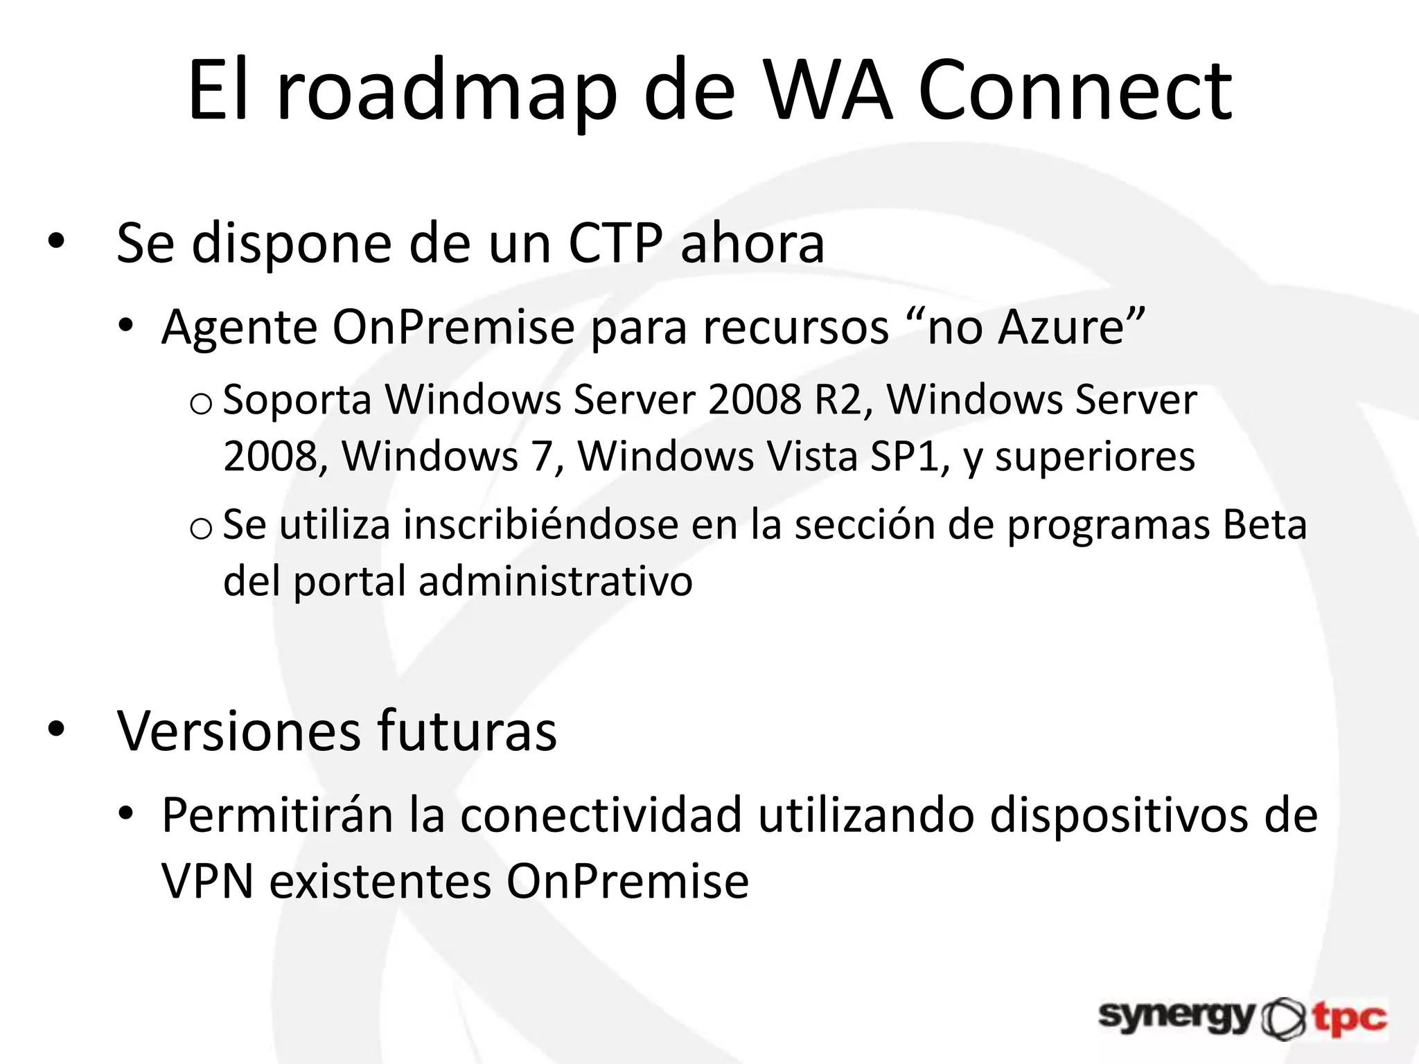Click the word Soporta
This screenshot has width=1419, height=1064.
coord(297,400)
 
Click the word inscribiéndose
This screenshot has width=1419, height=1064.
coord(540,524)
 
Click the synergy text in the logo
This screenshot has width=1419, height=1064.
coord(1176,1017)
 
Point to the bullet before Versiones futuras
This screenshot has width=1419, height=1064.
coord(56,729)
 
